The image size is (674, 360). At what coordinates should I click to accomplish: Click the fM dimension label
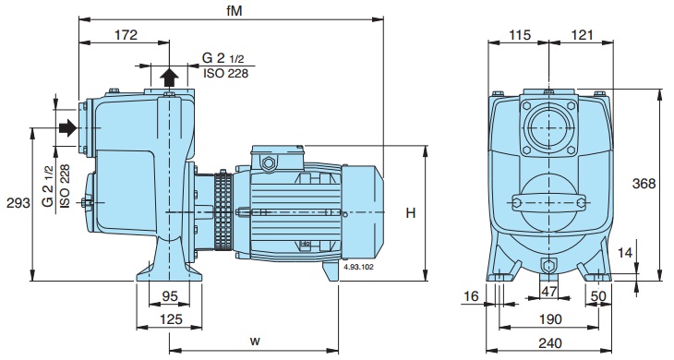pos(235,10)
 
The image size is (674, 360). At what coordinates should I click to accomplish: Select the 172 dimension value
pos(126,35)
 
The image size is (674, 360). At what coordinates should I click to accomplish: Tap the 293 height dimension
pos(18,203)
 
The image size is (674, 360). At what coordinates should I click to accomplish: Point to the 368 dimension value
pos(644,184)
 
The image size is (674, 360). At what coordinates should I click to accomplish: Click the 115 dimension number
pos(520,35)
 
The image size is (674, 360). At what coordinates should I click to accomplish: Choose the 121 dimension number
pos(582,35)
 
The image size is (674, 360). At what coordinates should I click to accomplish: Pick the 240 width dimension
pos(550,343)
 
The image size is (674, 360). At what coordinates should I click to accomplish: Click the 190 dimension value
pos(550,319)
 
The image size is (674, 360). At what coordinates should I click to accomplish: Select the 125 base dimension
pos(171,319)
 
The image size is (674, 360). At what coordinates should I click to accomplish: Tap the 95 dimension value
pos(170,296)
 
